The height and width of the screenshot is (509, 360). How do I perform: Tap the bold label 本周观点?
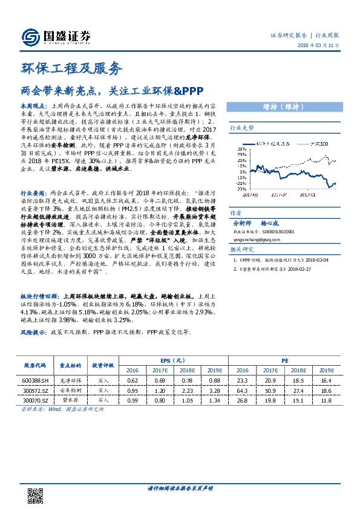coord(34,105)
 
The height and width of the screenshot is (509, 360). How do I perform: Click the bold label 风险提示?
coord(34,332)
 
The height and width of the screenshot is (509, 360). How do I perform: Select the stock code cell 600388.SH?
coord(35,380)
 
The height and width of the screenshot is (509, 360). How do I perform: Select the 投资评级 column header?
coord(103,366)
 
